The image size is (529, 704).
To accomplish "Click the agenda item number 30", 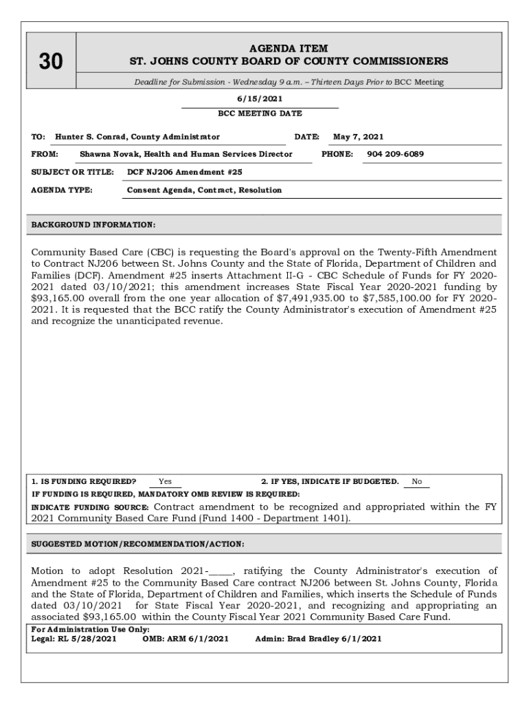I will tap(50, 63).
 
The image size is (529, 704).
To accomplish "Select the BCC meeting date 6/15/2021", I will tap(260, 99).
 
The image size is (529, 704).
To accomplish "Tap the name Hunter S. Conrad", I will tap(92, 137).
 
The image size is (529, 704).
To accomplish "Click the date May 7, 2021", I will tap(358, 137).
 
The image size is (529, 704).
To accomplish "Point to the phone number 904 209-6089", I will tap(395, 154).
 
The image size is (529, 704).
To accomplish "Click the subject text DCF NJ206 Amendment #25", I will tap(184, 172).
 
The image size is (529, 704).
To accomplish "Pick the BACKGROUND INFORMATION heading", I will tap(93, 225).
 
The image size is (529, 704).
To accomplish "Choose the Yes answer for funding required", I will tap(165, 482).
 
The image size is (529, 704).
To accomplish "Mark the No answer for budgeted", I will tap(417, 482).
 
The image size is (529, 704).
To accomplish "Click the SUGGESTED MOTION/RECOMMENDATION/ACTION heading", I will tap(138, 544).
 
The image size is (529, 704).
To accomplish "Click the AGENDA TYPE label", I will tap(62, 190).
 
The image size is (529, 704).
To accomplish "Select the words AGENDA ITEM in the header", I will tap(289, 49).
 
